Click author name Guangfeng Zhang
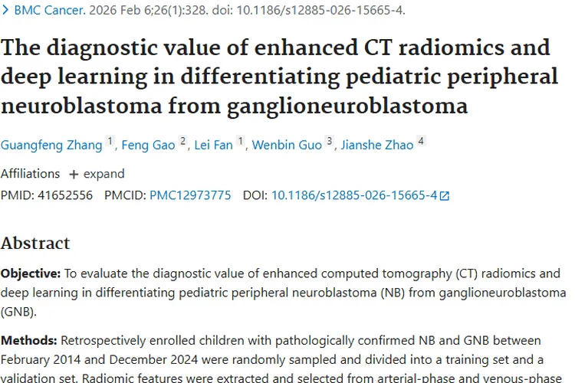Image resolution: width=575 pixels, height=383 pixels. pyautogui.click(x=51, y=145)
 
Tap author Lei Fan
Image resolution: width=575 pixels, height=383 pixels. pyautogui.click(x=214, y=145)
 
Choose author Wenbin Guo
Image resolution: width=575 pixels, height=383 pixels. pyautogui.click(x=287, y=145)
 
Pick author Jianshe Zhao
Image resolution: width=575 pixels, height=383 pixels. pyautogui.click(x=376, y=145)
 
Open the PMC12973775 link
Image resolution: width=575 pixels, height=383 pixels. pyautogui.click(x=190, y=195)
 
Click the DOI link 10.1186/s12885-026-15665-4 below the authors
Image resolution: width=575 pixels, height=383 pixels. pyautogui.click(x=354, y=195)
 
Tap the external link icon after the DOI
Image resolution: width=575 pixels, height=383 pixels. pyautogui.click(x=444, y=196)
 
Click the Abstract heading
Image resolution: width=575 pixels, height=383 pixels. pyautogui.click(x=35, y=244)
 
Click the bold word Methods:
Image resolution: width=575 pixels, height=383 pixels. pyautogui.click(x=28, y=340)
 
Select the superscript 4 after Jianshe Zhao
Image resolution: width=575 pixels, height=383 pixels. pyautogui.click(x=420, y=141)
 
